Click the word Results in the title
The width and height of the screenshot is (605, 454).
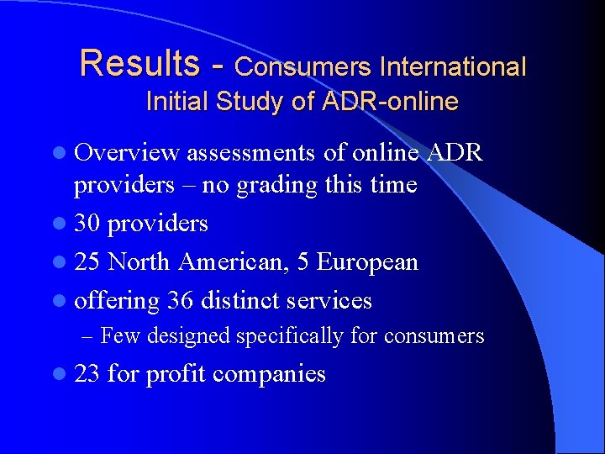[x=140, y=63]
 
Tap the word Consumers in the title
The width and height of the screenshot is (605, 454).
[x=303, y=66]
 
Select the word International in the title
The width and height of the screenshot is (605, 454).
[x=453, y=66]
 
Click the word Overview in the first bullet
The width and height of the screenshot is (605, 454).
[x=127, y=152]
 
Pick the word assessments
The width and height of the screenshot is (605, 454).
[x=249, y=153]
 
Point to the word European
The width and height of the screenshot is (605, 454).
[x=369, y=262]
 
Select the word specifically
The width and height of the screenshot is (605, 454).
[x=290, y=337]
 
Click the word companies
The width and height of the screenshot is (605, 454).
[x=269, y=374]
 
